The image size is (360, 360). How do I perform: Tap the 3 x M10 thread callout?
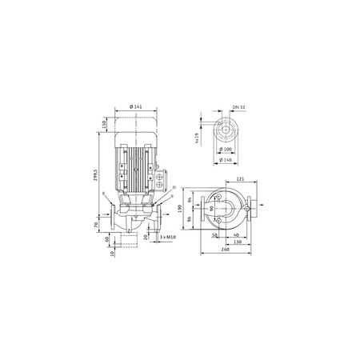tap(166, 238)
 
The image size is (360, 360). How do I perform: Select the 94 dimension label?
tap(190, 198)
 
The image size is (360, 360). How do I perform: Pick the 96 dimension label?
tap(190, 219)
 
